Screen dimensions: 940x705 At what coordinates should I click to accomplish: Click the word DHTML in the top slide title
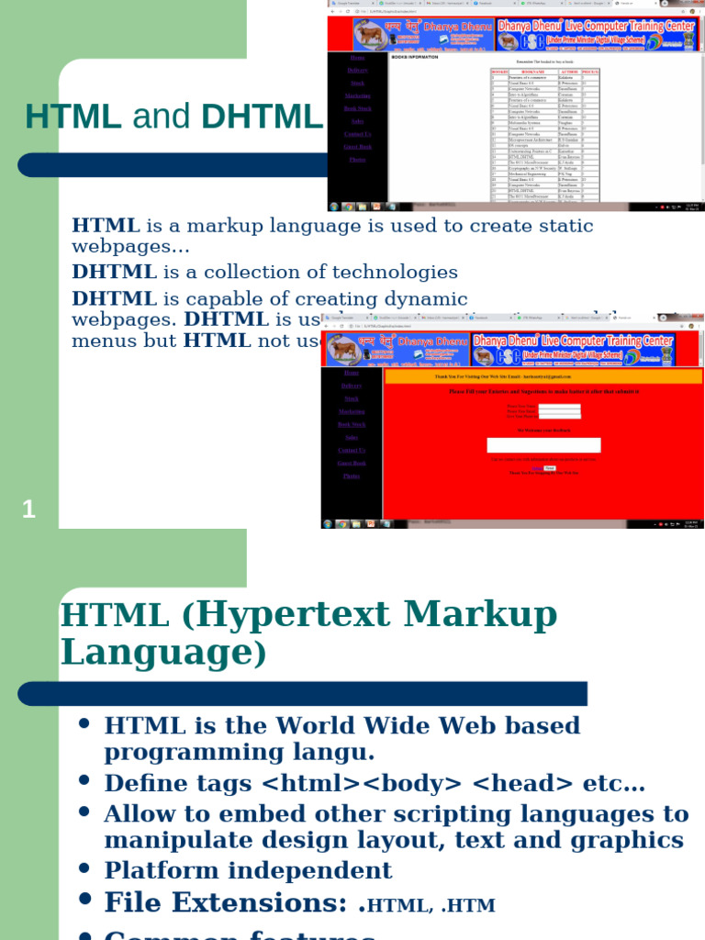click(x=262, y=117)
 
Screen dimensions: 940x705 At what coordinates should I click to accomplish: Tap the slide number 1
click(x=28, y=509)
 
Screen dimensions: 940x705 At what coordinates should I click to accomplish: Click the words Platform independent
click(x=248, y=870)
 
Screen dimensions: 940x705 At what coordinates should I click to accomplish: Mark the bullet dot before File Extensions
click(x=84, y=899)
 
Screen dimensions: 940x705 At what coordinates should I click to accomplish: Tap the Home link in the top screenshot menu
click(x=357, y=58)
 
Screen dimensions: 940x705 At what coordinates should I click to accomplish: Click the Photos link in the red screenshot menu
click(x=352, y=476)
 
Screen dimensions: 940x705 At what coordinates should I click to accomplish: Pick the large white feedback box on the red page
click(x=543, y=445)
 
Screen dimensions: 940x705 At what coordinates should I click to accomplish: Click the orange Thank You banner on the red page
click(x=543, y=376)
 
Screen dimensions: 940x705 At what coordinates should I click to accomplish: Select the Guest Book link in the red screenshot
click(x=352, y=464)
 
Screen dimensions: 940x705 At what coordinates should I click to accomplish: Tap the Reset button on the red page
click(x=549, y=468)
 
